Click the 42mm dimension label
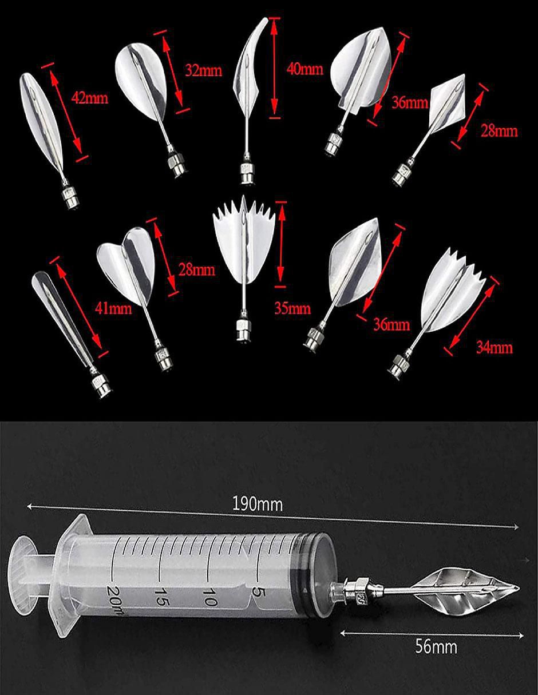pos(89,98)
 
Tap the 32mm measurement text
pos(203,70)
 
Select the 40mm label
pos(304,69)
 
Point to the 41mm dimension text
pos(113,309)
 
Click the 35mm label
pos(292,308)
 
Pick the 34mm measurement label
pos(495,347)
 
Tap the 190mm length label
pos(258,505)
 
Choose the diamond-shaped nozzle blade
pos(448,100)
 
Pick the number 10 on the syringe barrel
pos(209,596)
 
